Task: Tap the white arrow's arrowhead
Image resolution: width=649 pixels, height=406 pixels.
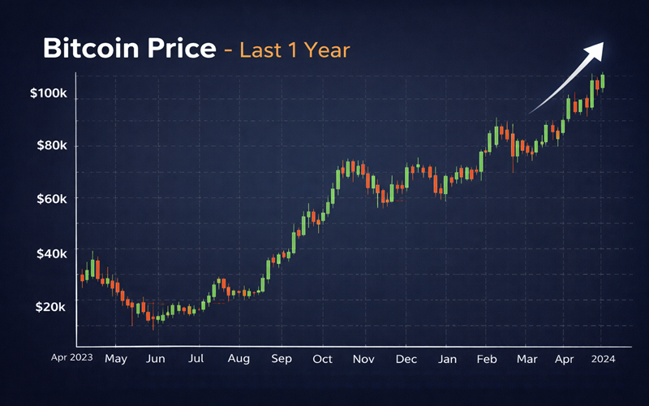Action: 595,50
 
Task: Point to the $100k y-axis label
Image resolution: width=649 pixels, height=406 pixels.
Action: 48,93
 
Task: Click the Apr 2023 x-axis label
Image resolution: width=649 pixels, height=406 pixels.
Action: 72,356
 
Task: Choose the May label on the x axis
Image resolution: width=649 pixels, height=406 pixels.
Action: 116,358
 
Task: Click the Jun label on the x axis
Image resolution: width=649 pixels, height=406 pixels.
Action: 156,358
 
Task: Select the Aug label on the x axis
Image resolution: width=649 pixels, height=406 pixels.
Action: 239,358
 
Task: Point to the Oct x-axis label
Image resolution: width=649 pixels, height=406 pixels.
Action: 323,358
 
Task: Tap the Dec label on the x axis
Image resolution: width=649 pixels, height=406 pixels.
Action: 406,358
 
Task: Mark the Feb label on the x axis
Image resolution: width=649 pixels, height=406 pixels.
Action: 487,358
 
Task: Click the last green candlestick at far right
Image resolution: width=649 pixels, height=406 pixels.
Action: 602,82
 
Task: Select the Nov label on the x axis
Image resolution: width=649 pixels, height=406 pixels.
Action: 364,358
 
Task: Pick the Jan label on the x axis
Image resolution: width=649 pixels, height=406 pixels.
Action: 447,358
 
